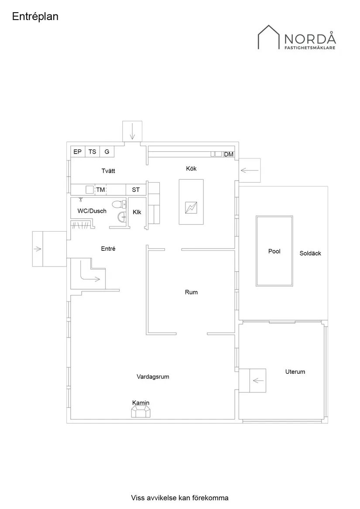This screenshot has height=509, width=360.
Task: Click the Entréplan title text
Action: click(35, 17)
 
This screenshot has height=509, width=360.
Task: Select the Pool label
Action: click(274, 251)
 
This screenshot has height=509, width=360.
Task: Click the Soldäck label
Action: click(310, 253)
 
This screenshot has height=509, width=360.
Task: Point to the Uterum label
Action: click(295, 372)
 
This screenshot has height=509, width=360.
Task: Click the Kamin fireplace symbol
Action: click(141, 411)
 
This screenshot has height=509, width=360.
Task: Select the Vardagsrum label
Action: click(153, 376)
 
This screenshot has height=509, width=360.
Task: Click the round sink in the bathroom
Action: click(122, 217)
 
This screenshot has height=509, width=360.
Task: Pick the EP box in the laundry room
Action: click(78, 152)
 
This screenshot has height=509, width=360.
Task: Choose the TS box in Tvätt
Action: click(92, 152)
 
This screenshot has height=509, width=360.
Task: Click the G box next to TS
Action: click(107, 152)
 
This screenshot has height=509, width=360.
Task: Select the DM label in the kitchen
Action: click(229, 154)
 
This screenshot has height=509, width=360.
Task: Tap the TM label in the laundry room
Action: click(100, 190)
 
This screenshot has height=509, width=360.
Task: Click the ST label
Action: click(136, 190)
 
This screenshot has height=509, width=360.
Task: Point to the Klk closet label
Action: click(137, 212)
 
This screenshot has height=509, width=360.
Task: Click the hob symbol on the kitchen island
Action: click(191, 208)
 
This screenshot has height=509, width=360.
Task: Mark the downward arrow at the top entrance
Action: click(132, 130)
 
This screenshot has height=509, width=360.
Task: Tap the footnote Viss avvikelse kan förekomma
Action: click(179, 498)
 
